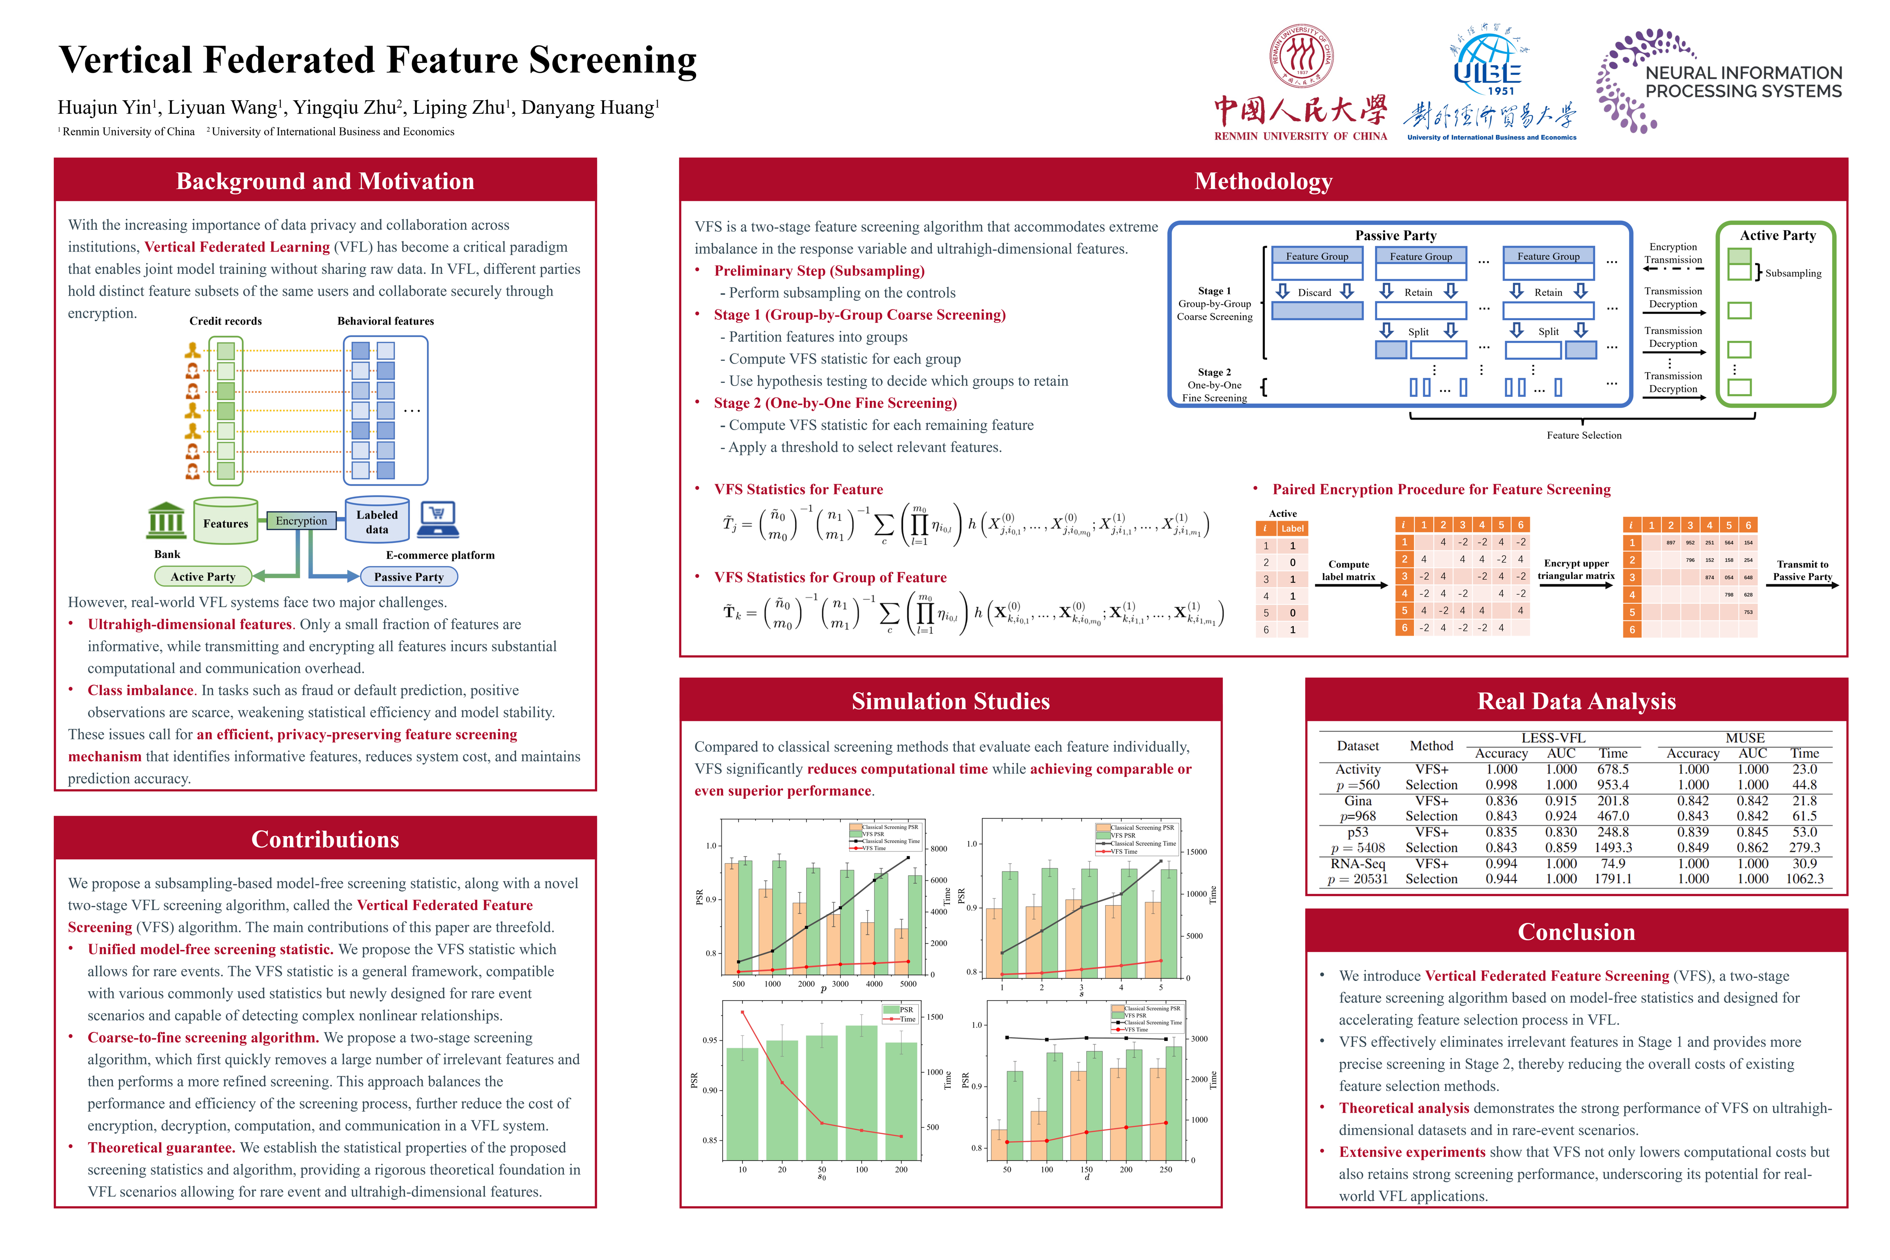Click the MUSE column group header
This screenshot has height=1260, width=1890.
(x=1745, y=738)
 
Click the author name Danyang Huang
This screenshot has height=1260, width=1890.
(x=589, y=108)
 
